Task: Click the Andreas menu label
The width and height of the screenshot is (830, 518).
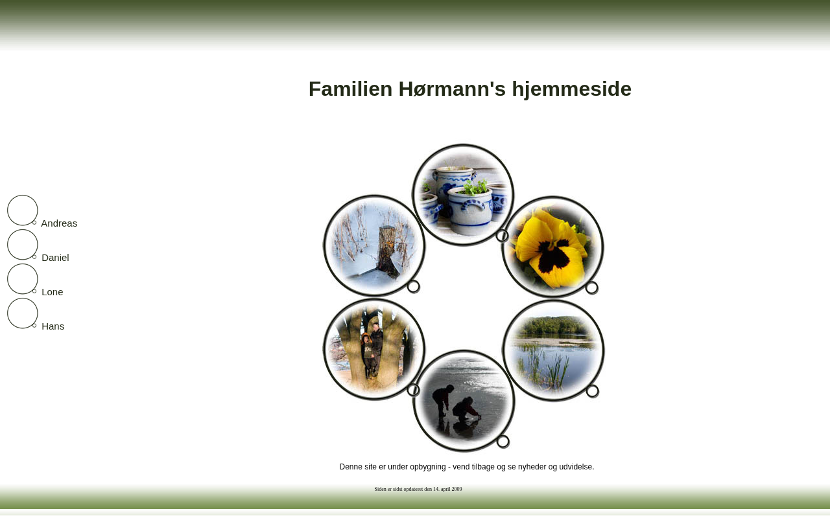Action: pos(59,223)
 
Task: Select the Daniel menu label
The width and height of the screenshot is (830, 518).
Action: pos(55,258)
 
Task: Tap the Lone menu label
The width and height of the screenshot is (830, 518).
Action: pos(53,292)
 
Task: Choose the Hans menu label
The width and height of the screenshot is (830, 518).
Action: pos(53,327)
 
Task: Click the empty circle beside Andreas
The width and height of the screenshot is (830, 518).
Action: pos(8,210)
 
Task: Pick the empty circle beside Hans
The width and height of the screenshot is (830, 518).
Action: pos(8,313)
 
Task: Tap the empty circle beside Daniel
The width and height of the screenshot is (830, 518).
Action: pos(8,245)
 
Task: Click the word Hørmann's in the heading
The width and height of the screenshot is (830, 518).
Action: pos(452,89)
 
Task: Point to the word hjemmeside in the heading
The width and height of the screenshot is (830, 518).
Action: pos(572,89)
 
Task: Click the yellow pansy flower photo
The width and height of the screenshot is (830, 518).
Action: pos(553,247)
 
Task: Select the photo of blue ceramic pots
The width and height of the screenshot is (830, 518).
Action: pos(463,195)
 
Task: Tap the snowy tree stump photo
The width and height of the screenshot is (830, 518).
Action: pos(374,245)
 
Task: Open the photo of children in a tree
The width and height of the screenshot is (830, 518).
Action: pos(374,350)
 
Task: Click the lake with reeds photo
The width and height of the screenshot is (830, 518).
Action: pos(554,350)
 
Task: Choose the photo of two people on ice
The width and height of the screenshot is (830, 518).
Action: pos(464,401)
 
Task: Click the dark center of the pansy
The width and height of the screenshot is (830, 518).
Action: pos(553,256)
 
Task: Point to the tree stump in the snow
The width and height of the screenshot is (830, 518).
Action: pos(388,252)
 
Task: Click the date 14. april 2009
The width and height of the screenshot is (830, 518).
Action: pos(447,489)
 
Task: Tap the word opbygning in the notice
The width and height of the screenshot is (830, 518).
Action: pos(427,467)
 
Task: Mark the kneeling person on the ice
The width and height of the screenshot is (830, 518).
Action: pos(466,409)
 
